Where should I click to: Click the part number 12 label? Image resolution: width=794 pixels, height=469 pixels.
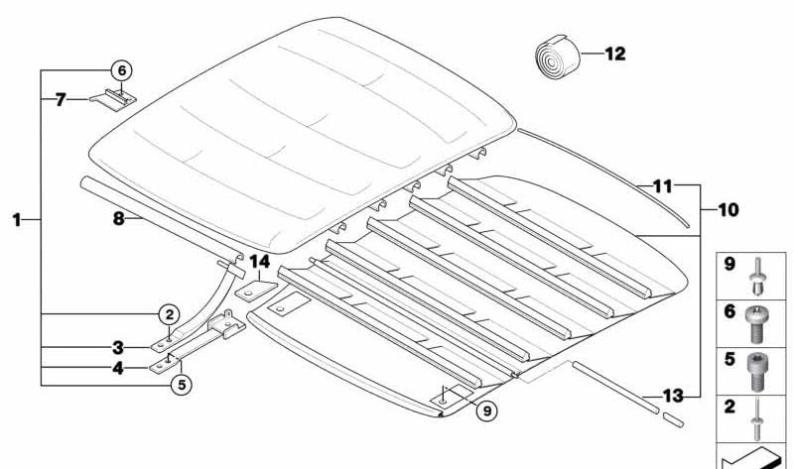(615, 55)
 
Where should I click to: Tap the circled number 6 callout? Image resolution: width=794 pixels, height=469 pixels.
(121, 70)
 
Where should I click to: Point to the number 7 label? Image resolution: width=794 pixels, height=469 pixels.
(61, 99)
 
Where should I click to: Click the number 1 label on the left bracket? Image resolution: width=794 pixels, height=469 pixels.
(17, 220)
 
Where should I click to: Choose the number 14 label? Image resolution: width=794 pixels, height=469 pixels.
(260, 262)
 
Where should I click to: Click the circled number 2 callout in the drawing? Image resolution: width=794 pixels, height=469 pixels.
(170, 314)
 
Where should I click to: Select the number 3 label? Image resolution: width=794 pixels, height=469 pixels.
(117, 348)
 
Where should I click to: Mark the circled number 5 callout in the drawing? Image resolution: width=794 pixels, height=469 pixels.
(180, 386)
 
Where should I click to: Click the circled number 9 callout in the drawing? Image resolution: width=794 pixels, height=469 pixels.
(484, 409)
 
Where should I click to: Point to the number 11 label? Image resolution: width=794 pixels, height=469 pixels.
(662, 185)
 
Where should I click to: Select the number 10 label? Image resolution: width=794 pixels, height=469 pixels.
(728, 210)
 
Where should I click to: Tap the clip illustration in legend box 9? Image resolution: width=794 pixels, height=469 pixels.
(759, 273)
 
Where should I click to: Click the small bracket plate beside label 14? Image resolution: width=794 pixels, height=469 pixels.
(252, 293)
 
